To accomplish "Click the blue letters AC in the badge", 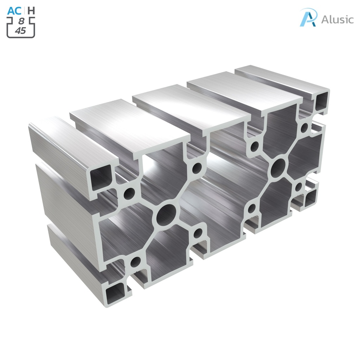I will click(14, 11).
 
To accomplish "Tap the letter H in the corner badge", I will click(31, 11).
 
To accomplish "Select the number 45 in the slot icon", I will click(20, 31).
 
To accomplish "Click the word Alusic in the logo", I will click(337, 19).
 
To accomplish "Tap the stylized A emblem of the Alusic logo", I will click(308, 18).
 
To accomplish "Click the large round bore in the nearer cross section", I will click(166, 214).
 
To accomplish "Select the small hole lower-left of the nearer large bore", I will click(135, 261).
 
